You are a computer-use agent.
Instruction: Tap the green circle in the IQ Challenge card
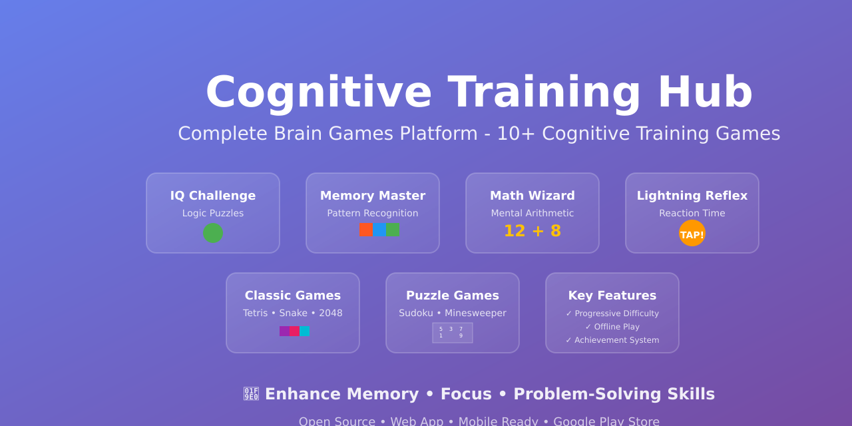(x=213, y=233)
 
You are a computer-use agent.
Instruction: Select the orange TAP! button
(x=692, y=234)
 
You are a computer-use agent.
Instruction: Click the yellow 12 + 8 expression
(x=532, y=231)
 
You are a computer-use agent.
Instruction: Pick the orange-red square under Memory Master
(x=365, y=230)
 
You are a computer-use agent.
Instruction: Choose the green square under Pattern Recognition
(x=393, y=230)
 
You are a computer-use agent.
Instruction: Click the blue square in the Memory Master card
(x=379, y=230)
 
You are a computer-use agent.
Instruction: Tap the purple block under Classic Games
(x=284, y=331)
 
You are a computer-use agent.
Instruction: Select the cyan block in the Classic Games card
(x=305, y=331)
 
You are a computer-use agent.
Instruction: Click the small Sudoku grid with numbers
(x=453, y=333)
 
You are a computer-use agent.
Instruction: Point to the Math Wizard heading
(x=532, y=196)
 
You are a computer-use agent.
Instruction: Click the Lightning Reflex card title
(x=692, y=196)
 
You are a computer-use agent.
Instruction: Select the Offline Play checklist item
(x=612, y=327)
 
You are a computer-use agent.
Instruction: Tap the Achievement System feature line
(x=612, y=340)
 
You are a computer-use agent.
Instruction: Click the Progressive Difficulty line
(x=612, y=314)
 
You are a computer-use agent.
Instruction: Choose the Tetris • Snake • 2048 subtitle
(x=293, y=313)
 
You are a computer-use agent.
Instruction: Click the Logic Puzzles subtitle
(x=213, y=213)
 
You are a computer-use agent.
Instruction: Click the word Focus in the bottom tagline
(x=466, y=394)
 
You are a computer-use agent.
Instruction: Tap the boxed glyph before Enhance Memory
(x=251, y=394)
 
